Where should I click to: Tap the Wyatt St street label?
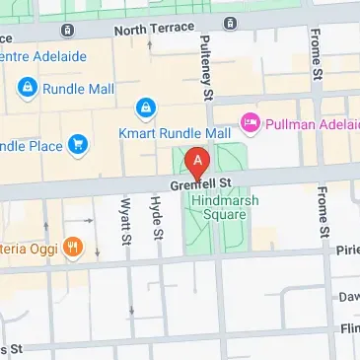[x=125, y=220]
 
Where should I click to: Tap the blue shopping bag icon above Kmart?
[x=146, y=107]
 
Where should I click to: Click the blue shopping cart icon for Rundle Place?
[x=79, y=145]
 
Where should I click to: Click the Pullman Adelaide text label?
[x=312, y=123]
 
